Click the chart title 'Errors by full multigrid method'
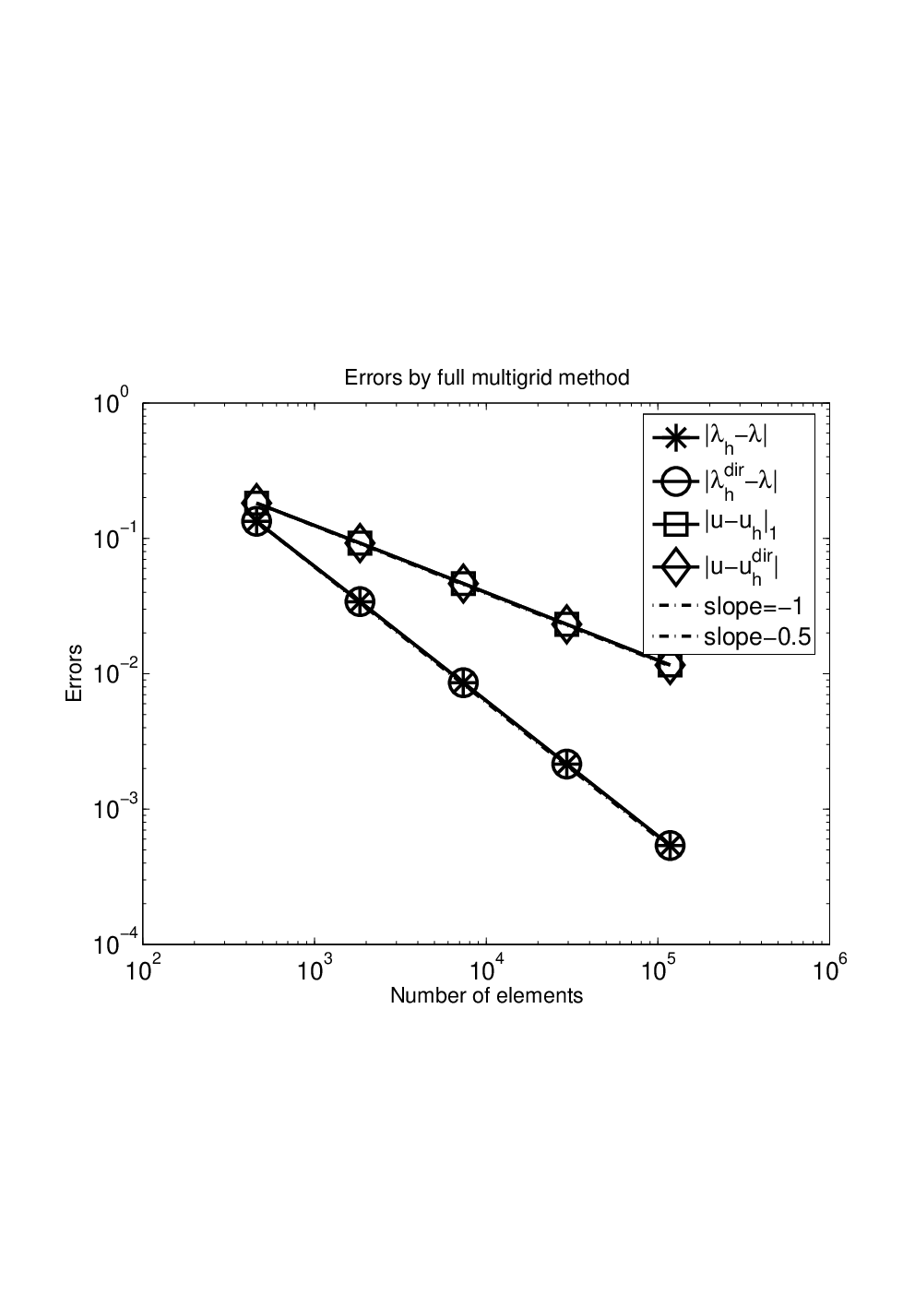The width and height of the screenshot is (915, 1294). point(486,378)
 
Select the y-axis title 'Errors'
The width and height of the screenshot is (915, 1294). point(74,673)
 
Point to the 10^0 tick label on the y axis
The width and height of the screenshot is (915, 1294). point(112,402)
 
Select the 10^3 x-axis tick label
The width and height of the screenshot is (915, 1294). point(315,970)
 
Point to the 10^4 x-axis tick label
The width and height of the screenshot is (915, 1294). point(486,970)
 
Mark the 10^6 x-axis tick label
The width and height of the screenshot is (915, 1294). point(829,970)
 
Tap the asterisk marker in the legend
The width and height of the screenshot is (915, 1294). point(673,438)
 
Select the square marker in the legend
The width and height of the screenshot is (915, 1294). point(673,525)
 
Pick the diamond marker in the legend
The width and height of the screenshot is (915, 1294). point(673,569)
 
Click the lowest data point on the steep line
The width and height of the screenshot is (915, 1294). point(670,846)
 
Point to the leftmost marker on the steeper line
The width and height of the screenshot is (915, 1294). point(256,522)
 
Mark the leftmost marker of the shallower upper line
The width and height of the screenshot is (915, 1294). point(256,502)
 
